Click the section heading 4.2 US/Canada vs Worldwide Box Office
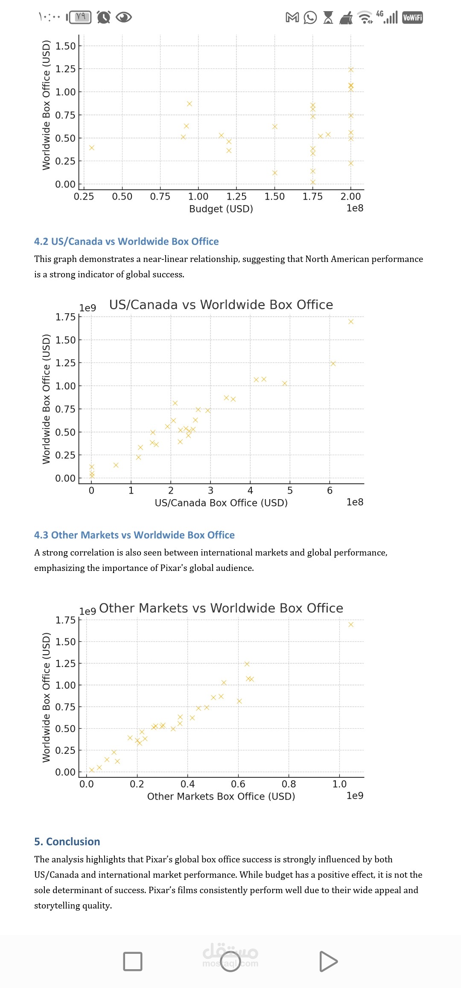[126, 241]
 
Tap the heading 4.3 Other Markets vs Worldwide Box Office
[134, 535]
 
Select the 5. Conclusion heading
[67, 841]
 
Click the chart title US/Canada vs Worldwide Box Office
[221, 305]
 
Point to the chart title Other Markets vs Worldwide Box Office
[221, 608]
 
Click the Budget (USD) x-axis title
[221, 209]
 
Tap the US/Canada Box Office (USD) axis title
[221, 503]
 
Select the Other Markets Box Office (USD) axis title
[221, 796]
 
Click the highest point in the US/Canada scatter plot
[351, 322]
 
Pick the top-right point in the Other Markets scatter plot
[351, 624]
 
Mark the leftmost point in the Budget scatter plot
[91, 148]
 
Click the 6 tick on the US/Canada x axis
[330, 491]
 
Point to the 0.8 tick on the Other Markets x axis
[289, 784]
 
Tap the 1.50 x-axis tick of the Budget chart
[274, 197]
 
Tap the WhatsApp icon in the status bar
[310, 18]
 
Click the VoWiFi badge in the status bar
[412, 18]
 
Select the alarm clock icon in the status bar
[104, 17]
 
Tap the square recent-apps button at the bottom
[133, 962]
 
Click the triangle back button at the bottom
[328, 962]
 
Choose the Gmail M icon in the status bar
[292, 18]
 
